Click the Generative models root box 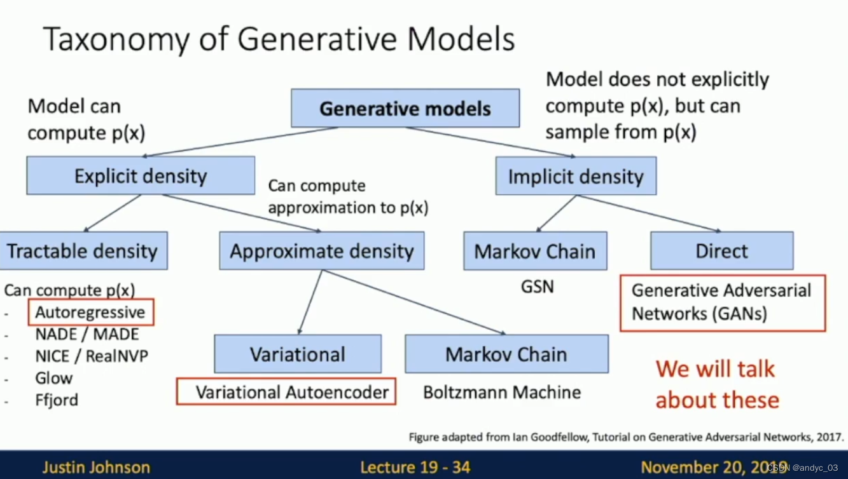(405, 108)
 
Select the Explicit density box (141, 175)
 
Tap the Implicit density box (576, 176)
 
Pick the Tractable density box (83, 250)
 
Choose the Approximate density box (322, 250)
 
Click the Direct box (721, 250)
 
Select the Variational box (298, 354)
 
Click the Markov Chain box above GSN (534, 250)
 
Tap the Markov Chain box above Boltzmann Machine (506, 354)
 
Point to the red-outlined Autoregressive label (90, 312)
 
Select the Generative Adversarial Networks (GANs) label (722, 302)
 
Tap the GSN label (538, 287)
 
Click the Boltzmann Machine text (502, 392)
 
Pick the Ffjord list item (57, 400)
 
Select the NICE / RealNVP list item (92, 356)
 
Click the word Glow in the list (54, 378)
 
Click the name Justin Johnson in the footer (96, 468)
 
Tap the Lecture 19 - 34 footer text (415, 468)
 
